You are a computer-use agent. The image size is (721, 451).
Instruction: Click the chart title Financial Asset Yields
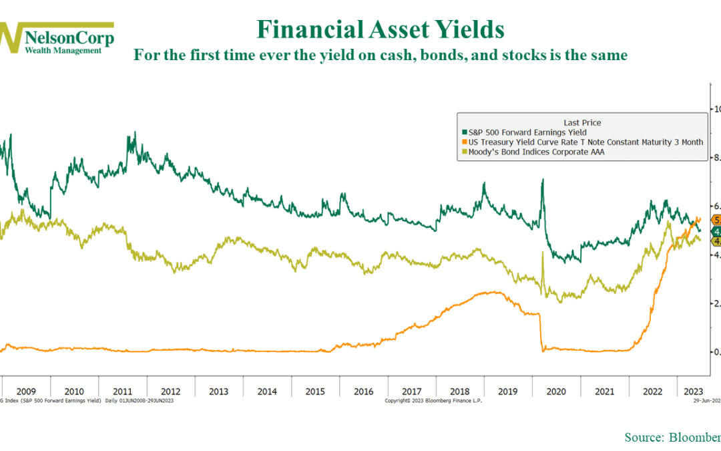tap(381, 30)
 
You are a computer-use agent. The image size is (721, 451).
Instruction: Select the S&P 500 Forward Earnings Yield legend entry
tap(527, 133)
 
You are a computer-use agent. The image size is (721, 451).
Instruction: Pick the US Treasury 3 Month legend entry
tap(581, 143)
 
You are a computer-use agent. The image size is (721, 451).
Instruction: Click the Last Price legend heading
tap(582, 122)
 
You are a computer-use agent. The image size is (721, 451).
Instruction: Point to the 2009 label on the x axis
tap(25, 391)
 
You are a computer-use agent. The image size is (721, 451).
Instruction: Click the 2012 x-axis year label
tap(170, 391)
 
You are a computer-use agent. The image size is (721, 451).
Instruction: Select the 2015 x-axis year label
tap(315, 391)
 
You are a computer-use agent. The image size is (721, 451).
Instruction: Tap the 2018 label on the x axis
tap(460, 391)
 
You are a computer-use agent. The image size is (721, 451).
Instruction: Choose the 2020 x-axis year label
tap(556, 391)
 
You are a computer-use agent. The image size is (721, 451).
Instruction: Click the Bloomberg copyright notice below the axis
tap(433, 400)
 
